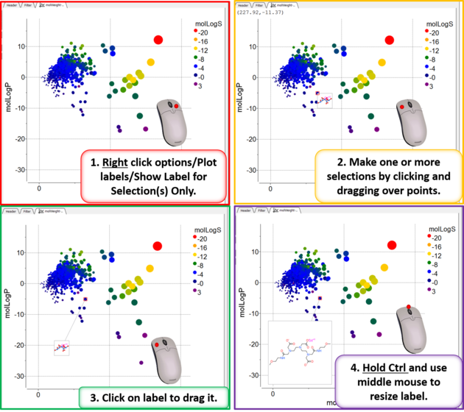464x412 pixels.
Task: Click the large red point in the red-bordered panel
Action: point(158,40)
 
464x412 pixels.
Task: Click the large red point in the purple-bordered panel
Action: point(391,246)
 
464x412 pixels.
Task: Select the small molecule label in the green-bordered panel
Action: point(61,347)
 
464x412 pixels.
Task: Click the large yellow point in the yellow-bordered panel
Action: point(382,63)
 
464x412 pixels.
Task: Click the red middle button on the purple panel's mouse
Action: point(409,307)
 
